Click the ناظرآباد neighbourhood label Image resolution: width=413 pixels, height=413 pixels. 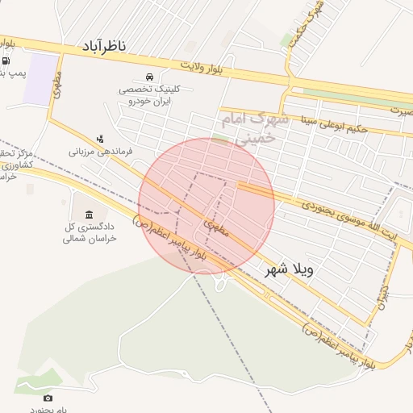103,48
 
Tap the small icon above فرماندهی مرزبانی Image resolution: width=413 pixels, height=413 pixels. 100,139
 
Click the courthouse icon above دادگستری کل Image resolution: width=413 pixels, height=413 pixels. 89,214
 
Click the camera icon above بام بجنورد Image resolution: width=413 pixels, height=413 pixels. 48,398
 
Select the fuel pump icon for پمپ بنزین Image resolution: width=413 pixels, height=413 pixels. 6,60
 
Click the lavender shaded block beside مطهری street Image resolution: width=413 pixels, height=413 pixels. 40,79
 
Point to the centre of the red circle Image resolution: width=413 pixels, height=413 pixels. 206,206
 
